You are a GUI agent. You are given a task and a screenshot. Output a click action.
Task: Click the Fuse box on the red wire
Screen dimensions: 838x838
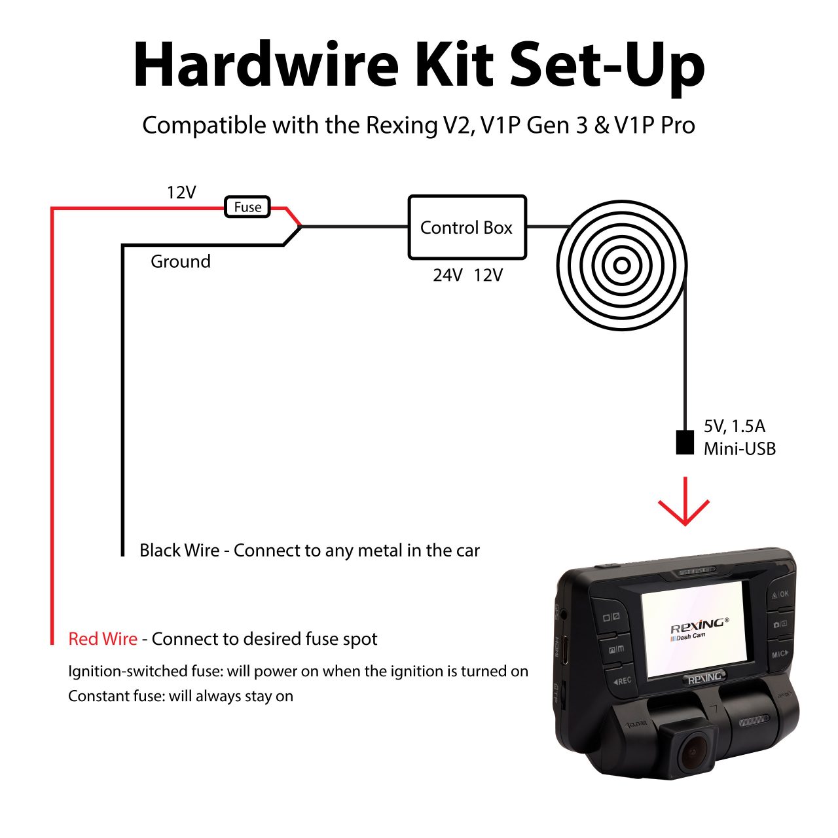coord(247,208)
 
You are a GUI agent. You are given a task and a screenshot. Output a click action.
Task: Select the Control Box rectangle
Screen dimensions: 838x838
coord(467,227)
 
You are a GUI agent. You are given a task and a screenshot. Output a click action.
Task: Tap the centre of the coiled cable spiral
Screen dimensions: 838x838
coord(621,265)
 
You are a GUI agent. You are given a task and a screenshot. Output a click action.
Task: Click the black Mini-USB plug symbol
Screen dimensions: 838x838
coord(685,443)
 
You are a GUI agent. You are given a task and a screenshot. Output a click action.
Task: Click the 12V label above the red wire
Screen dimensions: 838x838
coord(181,192)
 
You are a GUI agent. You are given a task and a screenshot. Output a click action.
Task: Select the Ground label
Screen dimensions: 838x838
coord(181,261)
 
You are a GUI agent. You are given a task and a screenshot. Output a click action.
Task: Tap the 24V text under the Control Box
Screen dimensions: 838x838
coord(448,275)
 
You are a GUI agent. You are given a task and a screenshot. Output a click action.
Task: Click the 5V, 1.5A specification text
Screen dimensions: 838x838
coord(734,426)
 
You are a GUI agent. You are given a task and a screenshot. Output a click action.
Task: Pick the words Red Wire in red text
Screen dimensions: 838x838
coord(103,639)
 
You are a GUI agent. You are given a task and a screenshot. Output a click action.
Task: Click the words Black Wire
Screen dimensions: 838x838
coord(179,551)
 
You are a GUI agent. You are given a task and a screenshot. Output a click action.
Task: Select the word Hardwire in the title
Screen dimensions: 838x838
coord(266,65)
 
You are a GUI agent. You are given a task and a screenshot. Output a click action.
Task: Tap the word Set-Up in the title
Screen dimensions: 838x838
coord(607,65)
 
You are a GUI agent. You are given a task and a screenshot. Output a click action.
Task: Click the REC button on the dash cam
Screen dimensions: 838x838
coord(621,681)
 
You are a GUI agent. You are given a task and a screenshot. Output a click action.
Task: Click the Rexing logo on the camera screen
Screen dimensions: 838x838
coord(698,624)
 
